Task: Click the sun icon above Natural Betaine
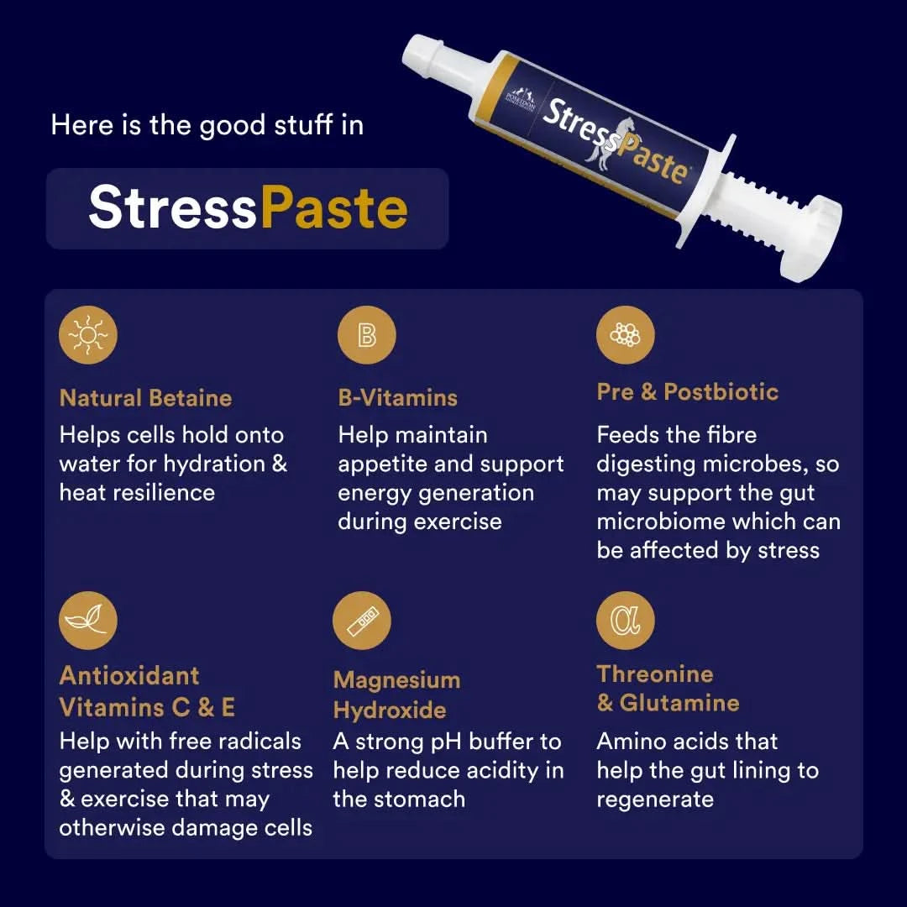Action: [x=88, y=336]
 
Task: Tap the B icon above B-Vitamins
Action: [x=367, y=336]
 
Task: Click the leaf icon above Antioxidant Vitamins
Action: [x=88, y=619]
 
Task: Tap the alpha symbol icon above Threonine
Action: [x=625, y=620]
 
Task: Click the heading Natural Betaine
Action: [x=145, y=398]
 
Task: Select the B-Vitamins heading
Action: [x=397, y=398]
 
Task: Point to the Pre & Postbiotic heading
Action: [x=687, y=392]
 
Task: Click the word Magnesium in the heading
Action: [x=396, y=680]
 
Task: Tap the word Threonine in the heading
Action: [x=655, y=674]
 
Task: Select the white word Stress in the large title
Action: [x=173, y=208]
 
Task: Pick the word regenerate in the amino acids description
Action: [x=655, y=799]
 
